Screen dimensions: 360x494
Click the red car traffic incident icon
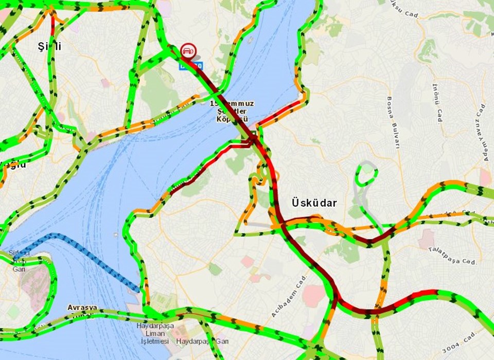pyautogui.click(x=187, y=51)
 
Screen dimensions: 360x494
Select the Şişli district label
pyautogui.click(x=50, y=46)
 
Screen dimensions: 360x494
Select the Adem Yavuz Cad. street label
pyautogui.click(x=482, y=131)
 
